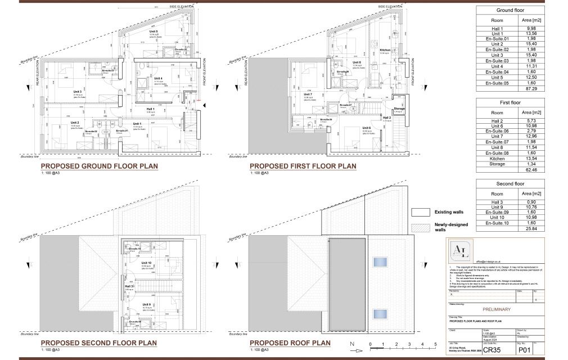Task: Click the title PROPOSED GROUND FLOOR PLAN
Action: [x=99, y=166]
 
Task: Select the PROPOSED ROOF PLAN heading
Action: [x=290, y=343]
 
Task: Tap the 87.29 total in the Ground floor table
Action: [x=524, y=89]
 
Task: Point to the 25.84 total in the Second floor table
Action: [x=524, y=229]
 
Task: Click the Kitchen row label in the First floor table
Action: [x=497, y=158]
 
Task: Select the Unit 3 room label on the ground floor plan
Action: [x=78, y=91]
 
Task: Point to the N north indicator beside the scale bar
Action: [x=351, y=344]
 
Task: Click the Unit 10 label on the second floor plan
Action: [x=146, y=263]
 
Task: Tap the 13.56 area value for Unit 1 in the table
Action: [x=524, y=33]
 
